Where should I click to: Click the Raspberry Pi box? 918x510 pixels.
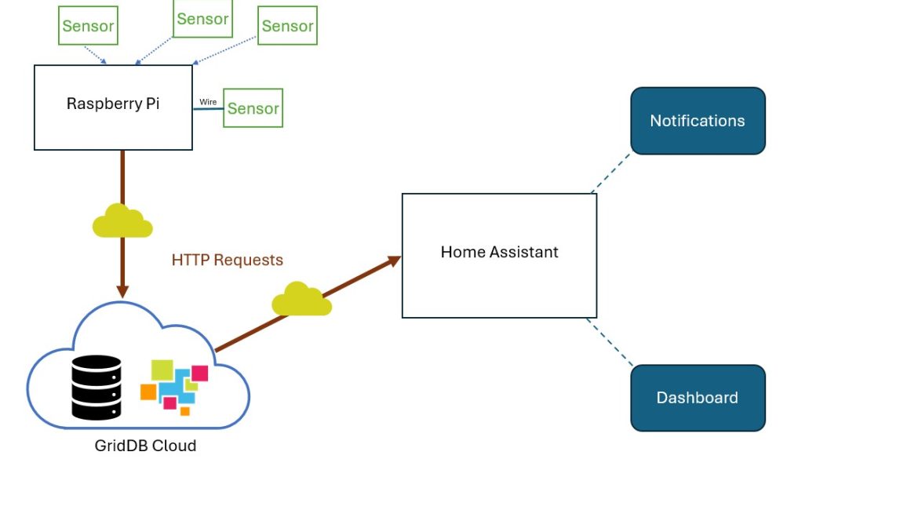click(113, 107)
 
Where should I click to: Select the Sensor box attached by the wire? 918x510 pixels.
click(253, 108)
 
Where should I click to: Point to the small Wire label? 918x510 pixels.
click(208, 102)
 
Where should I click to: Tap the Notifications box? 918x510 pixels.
click(698, 121)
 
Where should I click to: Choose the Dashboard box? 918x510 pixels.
click(698, 398)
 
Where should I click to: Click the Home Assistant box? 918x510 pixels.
click(499, 255)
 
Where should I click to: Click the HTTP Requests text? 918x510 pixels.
click(228, 260)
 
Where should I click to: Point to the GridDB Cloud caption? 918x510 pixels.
click(145, 446)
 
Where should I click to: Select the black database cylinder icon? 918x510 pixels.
click(97, 387)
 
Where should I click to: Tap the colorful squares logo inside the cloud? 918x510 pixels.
click(173, 386)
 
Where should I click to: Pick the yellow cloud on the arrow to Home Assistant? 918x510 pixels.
click(301, 300)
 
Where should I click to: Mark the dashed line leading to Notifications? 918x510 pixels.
click(611, 173)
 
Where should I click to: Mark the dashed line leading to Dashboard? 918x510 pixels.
click(610, 341)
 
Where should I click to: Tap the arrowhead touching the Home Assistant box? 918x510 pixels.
click(393, 261)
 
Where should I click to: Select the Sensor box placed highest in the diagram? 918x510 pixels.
click(202, 19)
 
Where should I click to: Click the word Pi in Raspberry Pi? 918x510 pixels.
click(151, 104)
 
